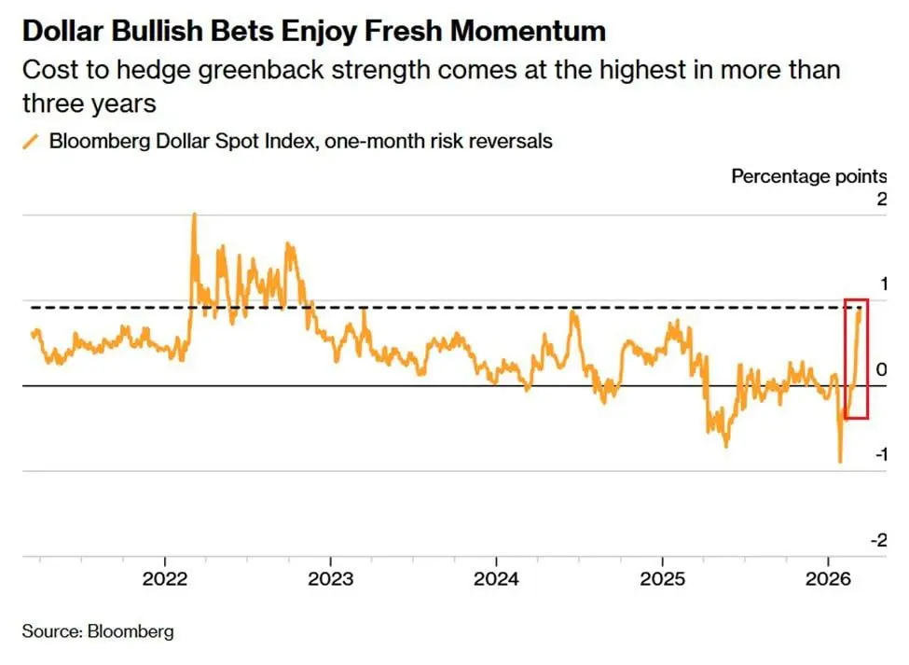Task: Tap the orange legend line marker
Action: pos(31,142)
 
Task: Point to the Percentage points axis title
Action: pos(808,176)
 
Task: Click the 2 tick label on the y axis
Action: pos(882,200)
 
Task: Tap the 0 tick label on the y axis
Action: pos(882,369)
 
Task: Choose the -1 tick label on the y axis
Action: pos(879,454)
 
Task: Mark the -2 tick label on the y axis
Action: pos(879,540)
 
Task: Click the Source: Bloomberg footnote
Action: pos(98,631)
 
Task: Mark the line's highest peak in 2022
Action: pos(194,215)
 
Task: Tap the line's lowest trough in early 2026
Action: pos(840,461)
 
